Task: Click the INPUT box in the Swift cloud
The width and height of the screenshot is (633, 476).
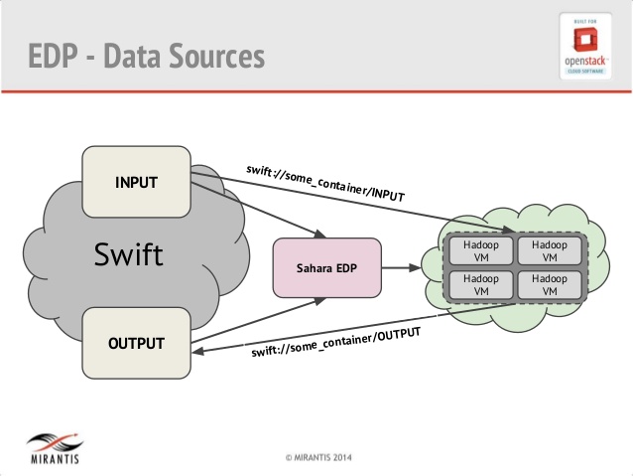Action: click(136, 182)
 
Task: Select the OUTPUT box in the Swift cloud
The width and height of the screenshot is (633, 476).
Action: click(136, 344)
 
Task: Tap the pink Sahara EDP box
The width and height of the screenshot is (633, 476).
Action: click(326, 268)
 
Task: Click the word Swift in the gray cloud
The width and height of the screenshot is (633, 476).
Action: click(129, 254)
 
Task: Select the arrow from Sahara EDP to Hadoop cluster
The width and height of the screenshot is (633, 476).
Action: click(402, 268)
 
